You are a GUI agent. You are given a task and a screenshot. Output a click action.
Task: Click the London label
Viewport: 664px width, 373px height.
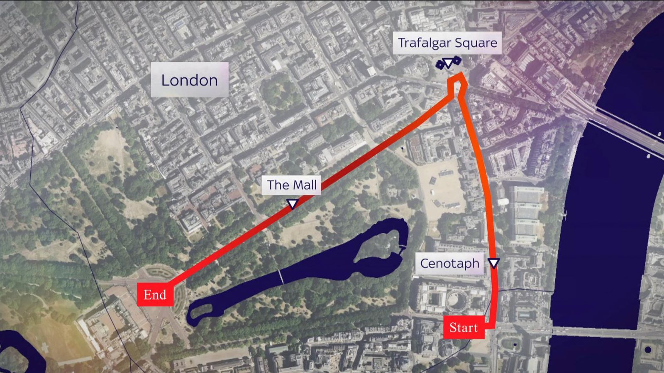(189, 80)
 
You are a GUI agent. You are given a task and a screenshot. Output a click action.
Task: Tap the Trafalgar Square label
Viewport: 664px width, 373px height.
(447, 43)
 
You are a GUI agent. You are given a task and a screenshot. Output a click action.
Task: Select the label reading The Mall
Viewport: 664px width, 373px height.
(291, 185)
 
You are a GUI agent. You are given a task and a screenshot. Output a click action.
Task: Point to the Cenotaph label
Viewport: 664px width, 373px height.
(449, 263)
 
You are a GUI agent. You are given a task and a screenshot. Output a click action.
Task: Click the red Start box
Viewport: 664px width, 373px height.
(464, 327)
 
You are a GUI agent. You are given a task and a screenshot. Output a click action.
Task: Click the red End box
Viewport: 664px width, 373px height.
(155, 295)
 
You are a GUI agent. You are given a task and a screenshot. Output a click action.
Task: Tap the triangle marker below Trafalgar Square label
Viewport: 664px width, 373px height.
(448, 63)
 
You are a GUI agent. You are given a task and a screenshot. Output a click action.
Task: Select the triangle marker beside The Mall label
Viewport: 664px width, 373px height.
(293, 203)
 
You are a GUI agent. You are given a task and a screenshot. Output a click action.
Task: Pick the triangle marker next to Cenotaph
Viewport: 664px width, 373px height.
(493, 263)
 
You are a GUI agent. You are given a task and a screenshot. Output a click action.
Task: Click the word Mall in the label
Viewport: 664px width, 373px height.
(305, 185)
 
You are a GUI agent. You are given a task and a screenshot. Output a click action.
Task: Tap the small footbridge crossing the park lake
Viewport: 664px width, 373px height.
(281, 276)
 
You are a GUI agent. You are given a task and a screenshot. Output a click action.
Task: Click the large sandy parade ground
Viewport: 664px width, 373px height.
(440, 186)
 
